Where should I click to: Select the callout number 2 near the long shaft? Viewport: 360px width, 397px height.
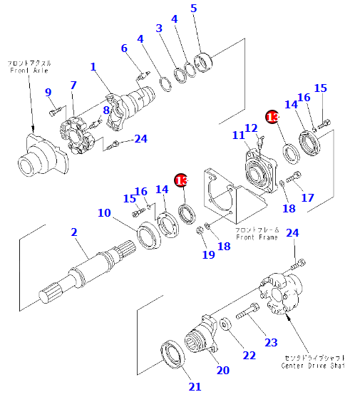[73, 232]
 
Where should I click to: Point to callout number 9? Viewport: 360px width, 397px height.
[48, 92]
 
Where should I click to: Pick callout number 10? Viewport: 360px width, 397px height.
[105, 212]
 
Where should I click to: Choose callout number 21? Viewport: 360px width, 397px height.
[195, 387]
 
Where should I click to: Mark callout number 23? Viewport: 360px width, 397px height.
[271, 342]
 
